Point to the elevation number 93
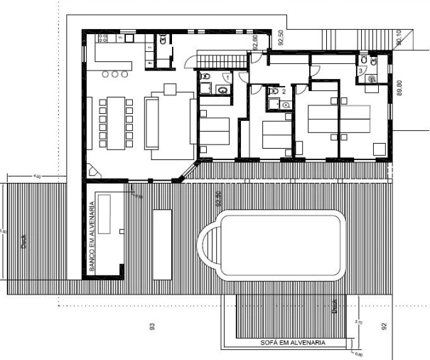click(151, 327)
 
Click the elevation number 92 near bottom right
click(384, 327)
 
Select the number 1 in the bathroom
click(226, 76)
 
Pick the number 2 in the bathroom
click(284, 92)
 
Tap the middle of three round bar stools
click(116, 74)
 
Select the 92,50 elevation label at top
click(280, 38)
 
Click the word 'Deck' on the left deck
click(23, 243)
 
